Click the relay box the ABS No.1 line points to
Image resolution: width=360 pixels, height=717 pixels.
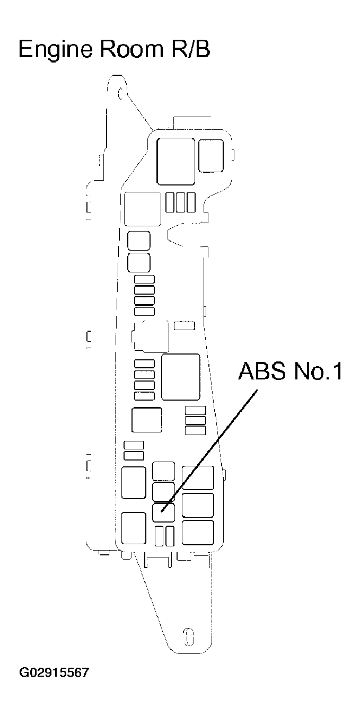pos(163,512)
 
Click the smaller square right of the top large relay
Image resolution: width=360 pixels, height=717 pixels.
pos(211,155)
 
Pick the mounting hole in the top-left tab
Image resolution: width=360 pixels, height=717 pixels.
pos(121,94)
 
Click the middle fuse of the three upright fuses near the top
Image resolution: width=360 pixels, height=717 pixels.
pos(181,202)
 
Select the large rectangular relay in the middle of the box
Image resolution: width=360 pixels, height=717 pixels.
pos(181,377)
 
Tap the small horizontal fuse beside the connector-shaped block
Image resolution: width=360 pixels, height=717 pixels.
pos(185,325)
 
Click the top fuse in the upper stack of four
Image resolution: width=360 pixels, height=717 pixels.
pos(144,279)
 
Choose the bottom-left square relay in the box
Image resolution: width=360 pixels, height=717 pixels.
pos(134,528)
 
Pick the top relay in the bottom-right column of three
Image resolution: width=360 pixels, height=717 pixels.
pos(198,477)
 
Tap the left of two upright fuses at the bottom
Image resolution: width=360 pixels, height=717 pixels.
pos(159,536)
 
